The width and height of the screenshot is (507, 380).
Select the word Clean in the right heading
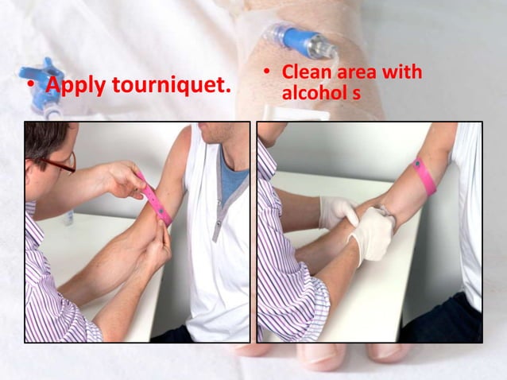307,73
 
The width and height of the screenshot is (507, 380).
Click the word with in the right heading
403,73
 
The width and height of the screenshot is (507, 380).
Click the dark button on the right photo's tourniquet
416,165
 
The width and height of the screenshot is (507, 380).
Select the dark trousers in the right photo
456,318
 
